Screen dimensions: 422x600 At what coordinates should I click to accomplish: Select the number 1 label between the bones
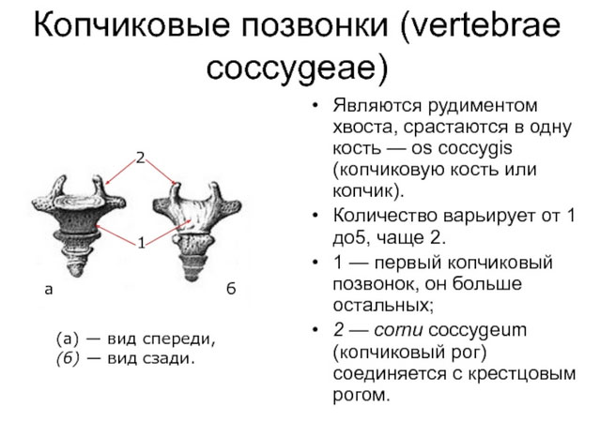click(x=141, y=243)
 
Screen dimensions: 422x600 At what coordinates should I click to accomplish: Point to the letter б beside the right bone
click(x=230, y=290)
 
